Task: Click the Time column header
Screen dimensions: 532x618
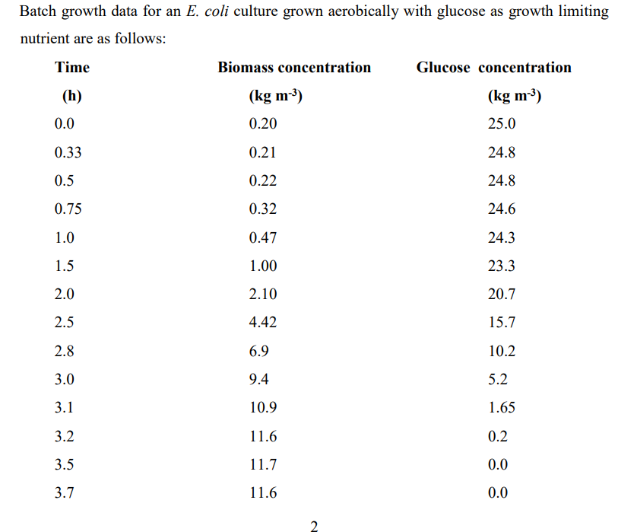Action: point(72,68)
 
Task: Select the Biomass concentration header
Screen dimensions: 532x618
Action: point(294,68)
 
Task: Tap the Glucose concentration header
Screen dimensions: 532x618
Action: point(493,68)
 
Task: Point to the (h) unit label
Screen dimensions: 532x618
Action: point(71,97)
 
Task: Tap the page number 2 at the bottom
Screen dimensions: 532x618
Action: point(315,524)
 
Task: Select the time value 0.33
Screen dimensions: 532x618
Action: point(68,152)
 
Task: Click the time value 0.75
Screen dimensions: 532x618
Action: point(68,209)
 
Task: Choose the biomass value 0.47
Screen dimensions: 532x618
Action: point(263,237)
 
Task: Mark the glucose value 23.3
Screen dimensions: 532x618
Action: point(501,266)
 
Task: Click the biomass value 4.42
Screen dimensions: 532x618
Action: point(263,323)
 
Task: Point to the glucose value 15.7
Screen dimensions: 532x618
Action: point(501,323)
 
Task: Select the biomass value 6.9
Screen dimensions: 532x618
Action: point(259,351)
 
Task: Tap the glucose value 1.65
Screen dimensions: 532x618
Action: point(501,408)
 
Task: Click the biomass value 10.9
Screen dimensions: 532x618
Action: point(263,408)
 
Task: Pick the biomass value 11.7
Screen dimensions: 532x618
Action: point(263,464)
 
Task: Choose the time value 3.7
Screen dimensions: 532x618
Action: point(65,493)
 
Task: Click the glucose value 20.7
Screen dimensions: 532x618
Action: point(501,295)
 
